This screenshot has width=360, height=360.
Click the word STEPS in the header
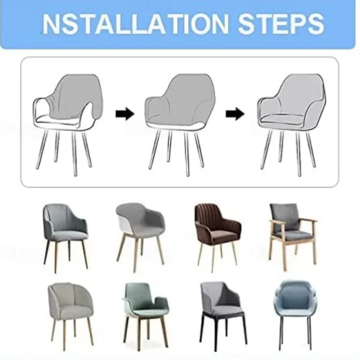pyautogui.click(x=281, y=24)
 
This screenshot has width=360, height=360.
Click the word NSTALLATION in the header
pyautogui.click(x=136, y=24)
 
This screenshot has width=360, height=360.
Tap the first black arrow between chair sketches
pyautogui.click(x=125, y=113)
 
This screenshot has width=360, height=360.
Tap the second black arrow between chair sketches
pyautogui.click(x=235, y=113)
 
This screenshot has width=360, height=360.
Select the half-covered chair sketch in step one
pyautogui.click(x=68, y=124)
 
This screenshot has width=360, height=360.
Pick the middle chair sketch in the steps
pyautogui.click(x=179, y=124)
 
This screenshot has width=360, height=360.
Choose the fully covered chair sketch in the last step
pyautogui.click(x=292, y=124)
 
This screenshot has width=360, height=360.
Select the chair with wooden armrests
pyautogui.click(x=293, y=237)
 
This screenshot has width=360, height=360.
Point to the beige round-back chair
pyautogui.click(x=70, y=315)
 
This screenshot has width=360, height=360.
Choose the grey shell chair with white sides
pyautogui.click(x=140, y=237)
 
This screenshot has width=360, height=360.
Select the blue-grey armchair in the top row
pyautogui.click(x=66, y=238)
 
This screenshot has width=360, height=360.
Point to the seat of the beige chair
pyautogui.click(x=71, y=311)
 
